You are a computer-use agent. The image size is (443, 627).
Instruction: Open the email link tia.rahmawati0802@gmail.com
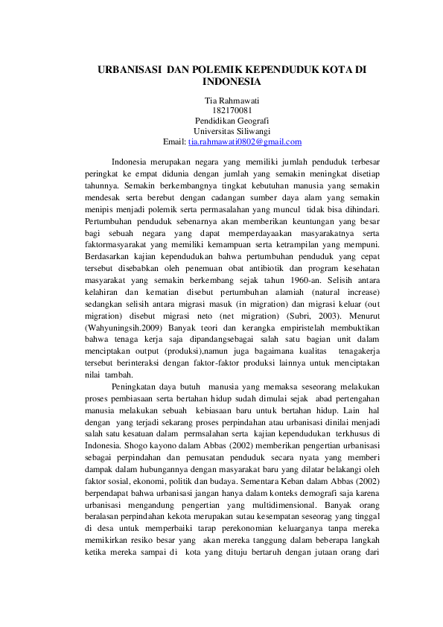tap(245, 141)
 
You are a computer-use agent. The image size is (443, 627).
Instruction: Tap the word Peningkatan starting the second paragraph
tap(137, 387)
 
